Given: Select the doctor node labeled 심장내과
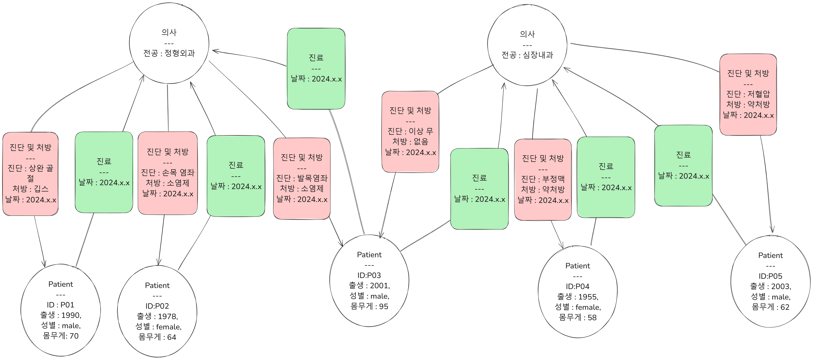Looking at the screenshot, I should click(x=527, y=45).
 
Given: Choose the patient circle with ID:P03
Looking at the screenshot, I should click(x=369, y=280).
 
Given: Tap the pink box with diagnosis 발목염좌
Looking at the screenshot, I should click(x=302, y=178).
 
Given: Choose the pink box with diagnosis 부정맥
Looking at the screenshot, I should click(x=543, y=179).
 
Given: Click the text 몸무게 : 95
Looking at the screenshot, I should click(x=369, y=306).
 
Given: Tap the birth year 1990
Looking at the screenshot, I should click(x=71, y=315).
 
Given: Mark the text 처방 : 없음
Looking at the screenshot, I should click(x=410, y=141).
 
